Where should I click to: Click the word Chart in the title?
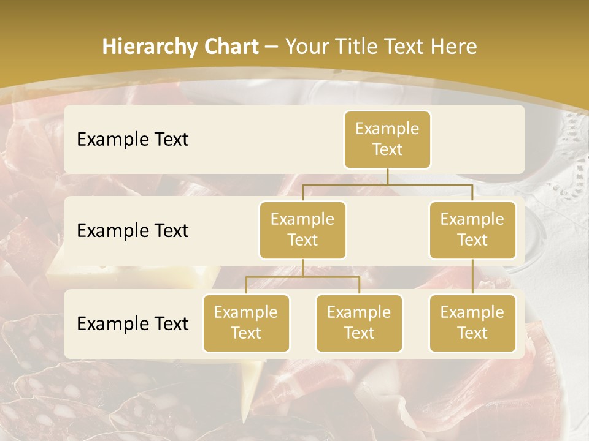pyautogui.click(x=233, y=47)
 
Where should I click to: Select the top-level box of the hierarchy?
pyautogui.click(x=387, y=140)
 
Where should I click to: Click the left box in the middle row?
pyautogui.click(x=302, y=230)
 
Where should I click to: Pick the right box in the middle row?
pyautogui.click(x=472, y=230)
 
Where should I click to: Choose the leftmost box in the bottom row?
pyautogui.click(x=246, y=323)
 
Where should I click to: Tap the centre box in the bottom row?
pyautogui.click(x=359, y=323)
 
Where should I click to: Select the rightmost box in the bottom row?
pyautogui.click(x=472, y=323)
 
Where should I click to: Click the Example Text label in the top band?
pyautogui.click(x=133, y=140)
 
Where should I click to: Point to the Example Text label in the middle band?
pyautogui.click(x=133, y=231)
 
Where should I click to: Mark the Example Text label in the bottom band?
pyautogui.click(x=133, y=324)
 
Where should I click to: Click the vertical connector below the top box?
pyautogui.click(x=387, y=176)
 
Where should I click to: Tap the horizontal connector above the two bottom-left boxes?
pyautogui.click(x=302, y=277)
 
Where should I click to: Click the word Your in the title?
pyautogui.click(x=307, y=47)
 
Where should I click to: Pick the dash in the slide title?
pyautogui.click(x=271, y=47)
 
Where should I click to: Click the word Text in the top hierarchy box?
pyautogui.click(x=387, y=150)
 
